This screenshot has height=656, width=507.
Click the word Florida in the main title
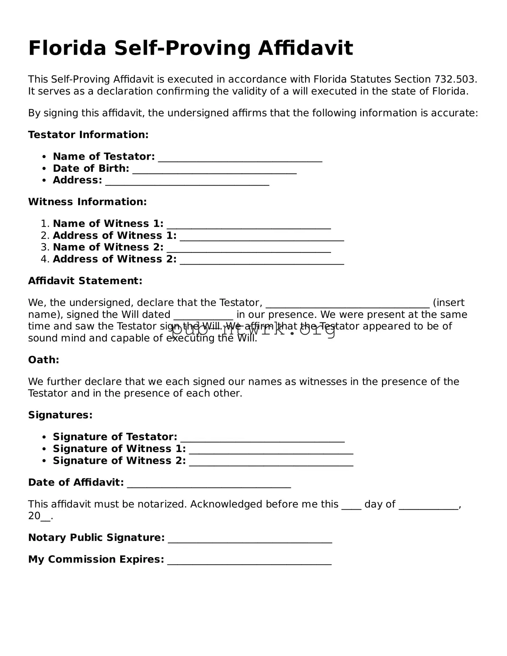(x=67, y=48)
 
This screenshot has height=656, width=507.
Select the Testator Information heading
(x=88, y=135)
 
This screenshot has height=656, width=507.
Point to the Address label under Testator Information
(x=77, y=180)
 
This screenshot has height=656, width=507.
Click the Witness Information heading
(x=87, y=202)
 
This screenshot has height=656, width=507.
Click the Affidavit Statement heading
(x=85, y=281)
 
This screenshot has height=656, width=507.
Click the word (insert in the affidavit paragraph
(x=448, y=303)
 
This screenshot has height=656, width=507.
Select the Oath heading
(x=44, y=360)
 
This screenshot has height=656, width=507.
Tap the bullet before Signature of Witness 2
(x=44, y=461)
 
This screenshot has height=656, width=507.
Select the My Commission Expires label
(x=96, y=559)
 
